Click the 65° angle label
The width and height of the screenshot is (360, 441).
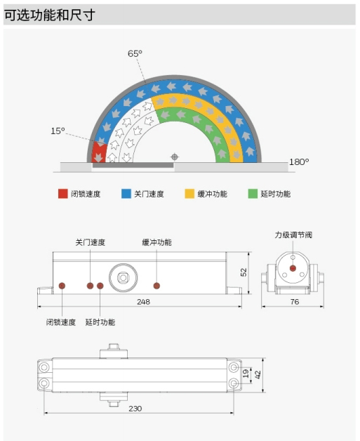pyautogui.click(x=135, y=53)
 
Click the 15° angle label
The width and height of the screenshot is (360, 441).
pyautogui.click(x=58, y=131)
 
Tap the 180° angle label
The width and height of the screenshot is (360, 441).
pyautogui.click(x=299, y=162)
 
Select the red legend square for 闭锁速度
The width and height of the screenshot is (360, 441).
pyautogui.click(x=63, y=194)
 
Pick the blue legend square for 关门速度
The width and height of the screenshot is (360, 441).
pyautogui.click(x=126, y=194)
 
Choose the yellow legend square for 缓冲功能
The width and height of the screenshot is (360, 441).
pyautogui.click(x=189, y=194)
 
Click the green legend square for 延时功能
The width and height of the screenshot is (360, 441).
pyautogui.click(x=253, y=194)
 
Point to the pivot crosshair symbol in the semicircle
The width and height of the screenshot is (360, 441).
pyautogui.click(x=175, y=157)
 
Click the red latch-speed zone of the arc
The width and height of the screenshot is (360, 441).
pyautogui.click(x=99, y=152)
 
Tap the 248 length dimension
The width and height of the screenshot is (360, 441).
pyautogui.click(x=143, y=302)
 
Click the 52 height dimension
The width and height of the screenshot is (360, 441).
pyautogui.click(x=244, y=272)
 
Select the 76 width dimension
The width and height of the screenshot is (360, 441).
pyautogui.click(x=295, y=302)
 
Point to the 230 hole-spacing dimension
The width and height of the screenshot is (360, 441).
pyautogui.click(x=135, y=409)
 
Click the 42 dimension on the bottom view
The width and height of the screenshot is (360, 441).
pyautogui.click(x=258, y=374)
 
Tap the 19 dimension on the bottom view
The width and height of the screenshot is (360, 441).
pyautogui.click(x=246, y=374)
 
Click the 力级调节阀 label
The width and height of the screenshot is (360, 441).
pyautogui.click(x=293, y=235)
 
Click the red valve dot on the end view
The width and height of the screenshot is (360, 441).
pyautogui.click(x=293, y=268)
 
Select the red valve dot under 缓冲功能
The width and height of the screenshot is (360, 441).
pyautogui.click(x=156, y=286)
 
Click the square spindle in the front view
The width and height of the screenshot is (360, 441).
pyautogui.click(x=123, y=278)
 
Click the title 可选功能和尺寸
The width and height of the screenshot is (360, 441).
pyautogui.click(x=49, y=15)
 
